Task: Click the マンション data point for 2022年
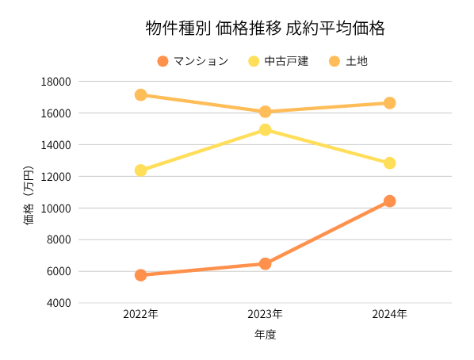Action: (x=140, y=275)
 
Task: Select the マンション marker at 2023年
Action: (x=265, y=263)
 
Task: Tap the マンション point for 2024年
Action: (x=389, y=201)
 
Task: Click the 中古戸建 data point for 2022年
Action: (x=140, y=170)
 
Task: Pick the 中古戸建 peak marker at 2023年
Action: (x=265, y=129)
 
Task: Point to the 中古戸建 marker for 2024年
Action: (x=389, y=163)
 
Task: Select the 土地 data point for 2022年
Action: (x=140, y=95)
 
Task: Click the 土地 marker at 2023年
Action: (x=265, y=112)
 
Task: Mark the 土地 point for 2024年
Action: (x=389, y=103)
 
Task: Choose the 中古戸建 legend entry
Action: (x=277, y=61)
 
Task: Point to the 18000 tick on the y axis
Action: (x=56, y=82)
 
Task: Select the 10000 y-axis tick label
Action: (x=56, y=208)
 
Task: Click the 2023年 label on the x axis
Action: (x=265, y=314)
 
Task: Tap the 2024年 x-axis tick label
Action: (x=389, y=314)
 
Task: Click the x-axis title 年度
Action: (x=265, y=335)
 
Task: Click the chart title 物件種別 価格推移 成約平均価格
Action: (x=265, y=29)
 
